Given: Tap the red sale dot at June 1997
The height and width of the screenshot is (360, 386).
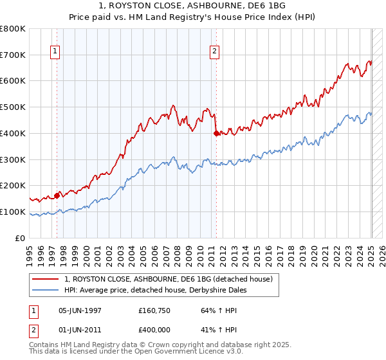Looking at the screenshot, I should click(57, 195).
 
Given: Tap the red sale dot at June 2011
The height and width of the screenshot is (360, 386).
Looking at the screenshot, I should click(216, 133).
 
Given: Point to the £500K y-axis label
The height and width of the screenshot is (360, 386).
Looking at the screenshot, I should click(14, 107).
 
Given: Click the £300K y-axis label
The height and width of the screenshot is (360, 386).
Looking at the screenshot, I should click(14, 159).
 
